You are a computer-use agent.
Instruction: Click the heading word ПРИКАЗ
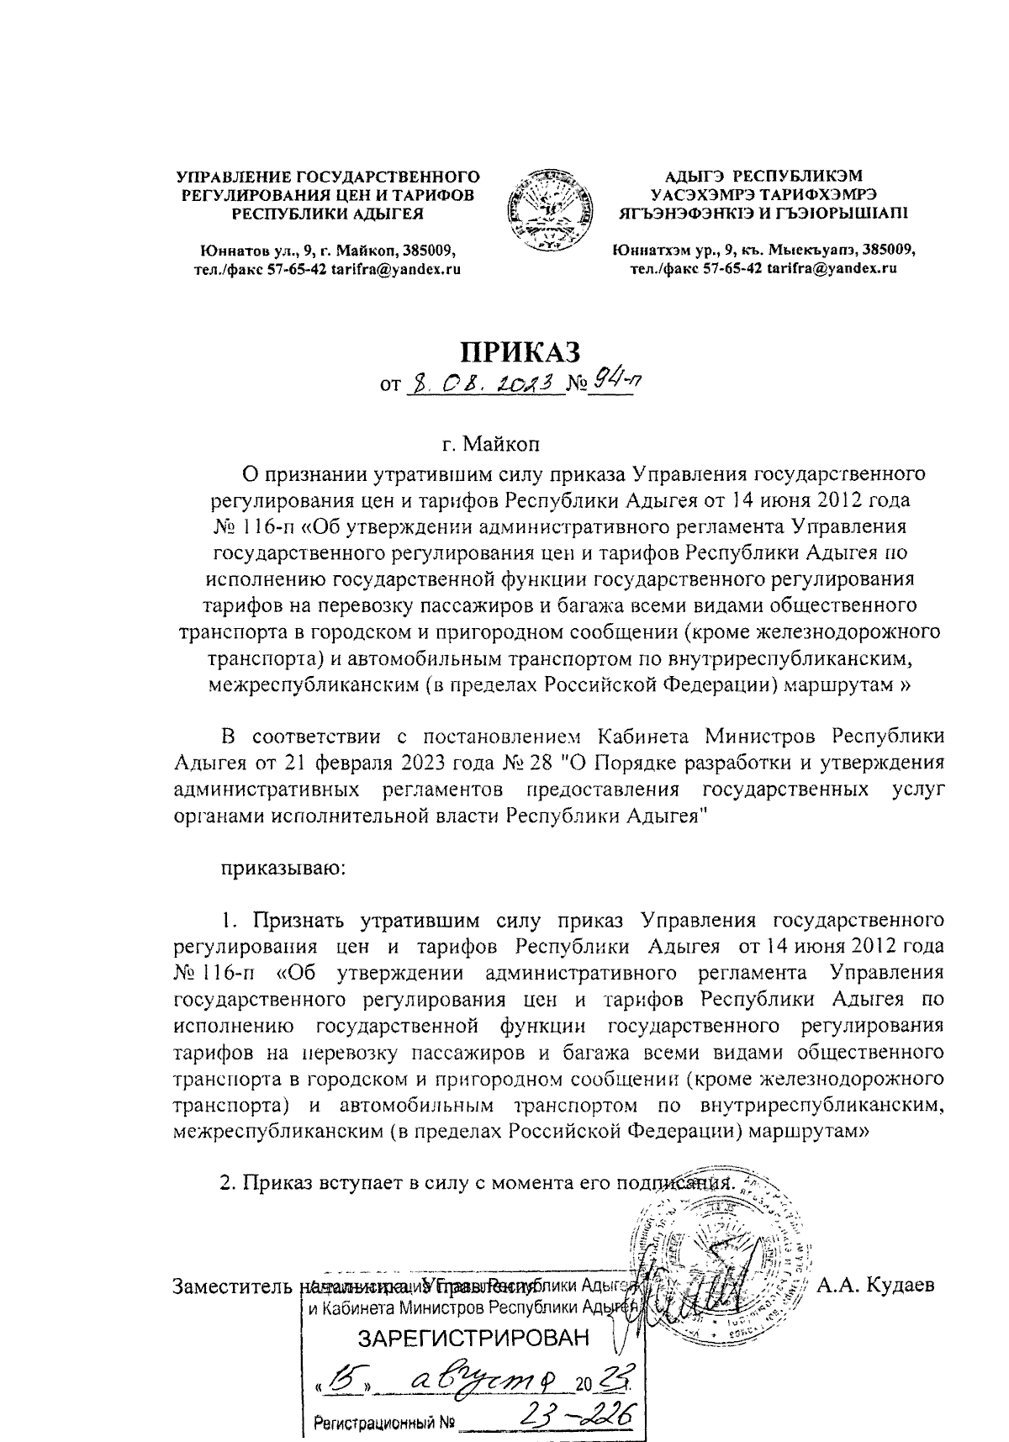[x=519, y=351]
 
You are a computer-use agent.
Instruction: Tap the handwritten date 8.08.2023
[x=483, y=386]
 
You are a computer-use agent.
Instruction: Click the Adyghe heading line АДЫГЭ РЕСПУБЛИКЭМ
[x=763, y=177]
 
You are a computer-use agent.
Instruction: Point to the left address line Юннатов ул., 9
[x=327, y=251]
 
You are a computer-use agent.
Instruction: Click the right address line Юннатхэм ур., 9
[x=763, y=251]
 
